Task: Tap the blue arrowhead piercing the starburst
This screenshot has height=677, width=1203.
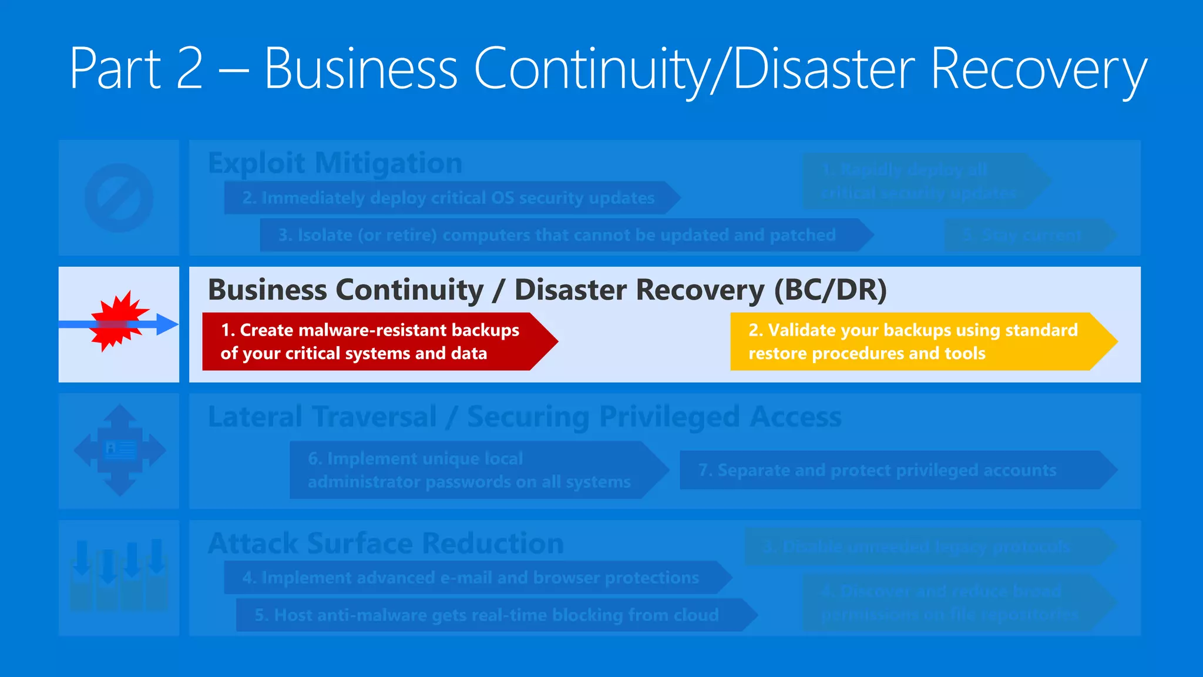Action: pos(167,324)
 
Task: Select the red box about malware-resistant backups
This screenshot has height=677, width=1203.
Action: pos(370,341)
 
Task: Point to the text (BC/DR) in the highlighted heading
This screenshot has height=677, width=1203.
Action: pos(830,290)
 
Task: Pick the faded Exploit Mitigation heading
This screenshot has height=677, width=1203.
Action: pos(335,163)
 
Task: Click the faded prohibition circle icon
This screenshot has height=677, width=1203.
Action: pos(119,197)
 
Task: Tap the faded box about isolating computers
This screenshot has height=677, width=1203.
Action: pos(557,235)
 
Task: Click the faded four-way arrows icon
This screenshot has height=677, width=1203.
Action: pos(120,450)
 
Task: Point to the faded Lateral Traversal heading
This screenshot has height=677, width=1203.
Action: pos(525,417)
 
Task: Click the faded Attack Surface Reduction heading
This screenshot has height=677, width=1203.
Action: pos(385,543)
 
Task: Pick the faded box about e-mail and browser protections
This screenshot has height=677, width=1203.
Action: pos(471,578)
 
